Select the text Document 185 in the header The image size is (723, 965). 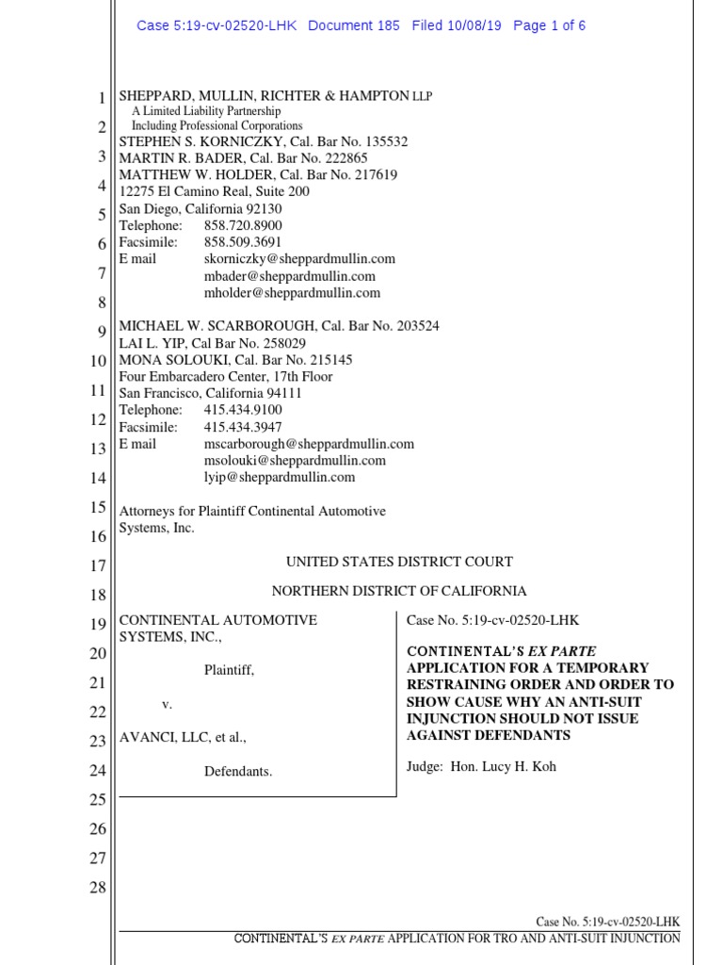[354, 25]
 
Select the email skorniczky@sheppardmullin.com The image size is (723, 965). [299, 258]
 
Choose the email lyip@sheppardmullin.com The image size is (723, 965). [279, 477]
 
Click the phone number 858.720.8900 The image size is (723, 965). [243, 225]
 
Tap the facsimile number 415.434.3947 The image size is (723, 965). [243, 427]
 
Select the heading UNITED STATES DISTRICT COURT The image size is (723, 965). [399, 562]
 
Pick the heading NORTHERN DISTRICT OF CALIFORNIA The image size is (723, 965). [399, 591]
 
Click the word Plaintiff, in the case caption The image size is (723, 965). [229, 670]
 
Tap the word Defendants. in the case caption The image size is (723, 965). [238, 772]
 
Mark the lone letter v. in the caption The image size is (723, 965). [167, 704]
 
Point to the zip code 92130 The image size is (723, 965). [262, 208]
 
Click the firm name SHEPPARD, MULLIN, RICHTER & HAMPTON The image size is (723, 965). [262, 97]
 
